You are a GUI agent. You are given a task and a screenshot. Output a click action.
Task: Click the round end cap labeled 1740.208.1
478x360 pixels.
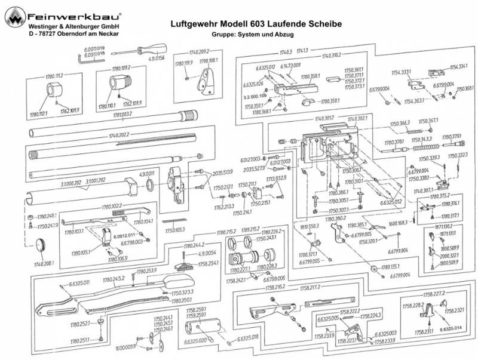(x=41, y=245)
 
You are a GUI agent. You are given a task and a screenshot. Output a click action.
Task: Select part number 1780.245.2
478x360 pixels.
(x=113, y=279)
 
